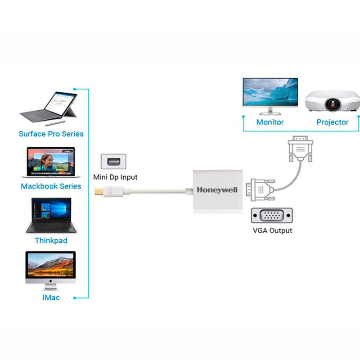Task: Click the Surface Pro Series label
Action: pos(51,134)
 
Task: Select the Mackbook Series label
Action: pos(51,186)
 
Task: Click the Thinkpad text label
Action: pos(51,240)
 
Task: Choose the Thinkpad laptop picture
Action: pos(50,215)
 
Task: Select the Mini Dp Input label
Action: pos(115,177)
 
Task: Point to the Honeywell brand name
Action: pos(217,190)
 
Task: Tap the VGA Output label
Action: pos(272,230)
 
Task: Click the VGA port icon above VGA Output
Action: pos(272,216)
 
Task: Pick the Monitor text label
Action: pos(270,122)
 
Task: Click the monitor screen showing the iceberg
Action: pos(270,92)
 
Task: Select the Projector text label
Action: pos(332,122)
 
